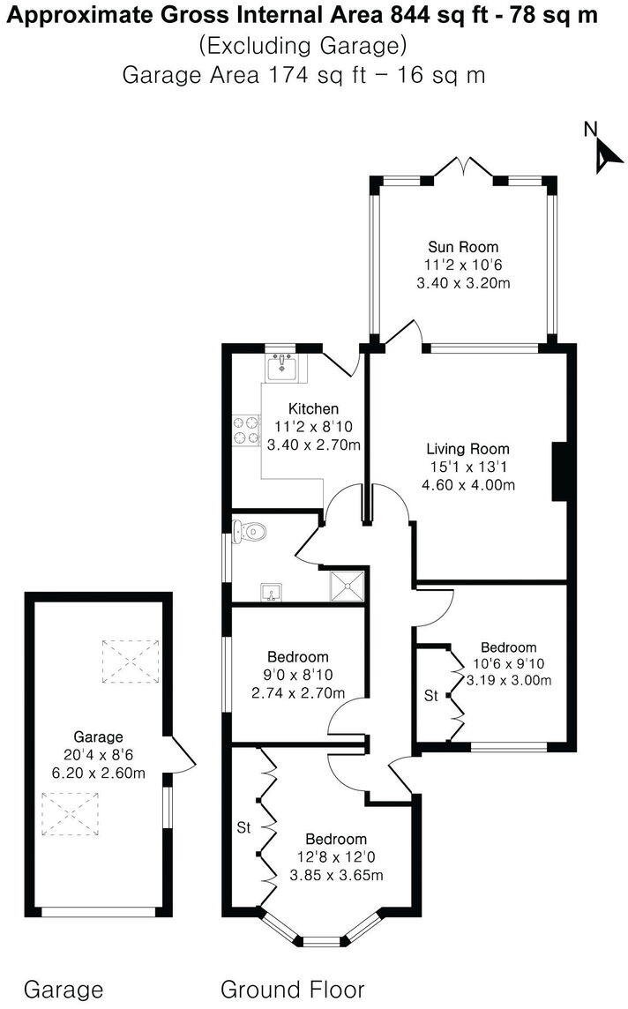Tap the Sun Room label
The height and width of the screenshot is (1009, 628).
463,247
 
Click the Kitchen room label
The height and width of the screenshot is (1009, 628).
313,408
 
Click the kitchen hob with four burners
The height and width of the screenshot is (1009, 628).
244,429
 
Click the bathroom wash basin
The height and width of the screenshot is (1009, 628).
270,590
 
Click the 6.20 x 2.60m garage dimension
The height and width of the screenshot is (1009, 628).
97,774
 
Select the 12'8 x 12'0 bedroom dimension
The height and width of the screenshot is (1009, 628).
335,856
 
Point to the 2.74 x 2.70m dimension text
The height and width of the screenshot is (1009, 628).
298,692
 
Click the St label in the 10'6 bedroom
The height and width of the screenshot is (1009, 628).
430,696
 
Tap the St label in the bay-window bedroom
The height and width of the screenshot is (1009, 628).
243,828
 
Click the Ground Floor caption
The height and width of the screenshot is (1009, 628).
292,989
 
